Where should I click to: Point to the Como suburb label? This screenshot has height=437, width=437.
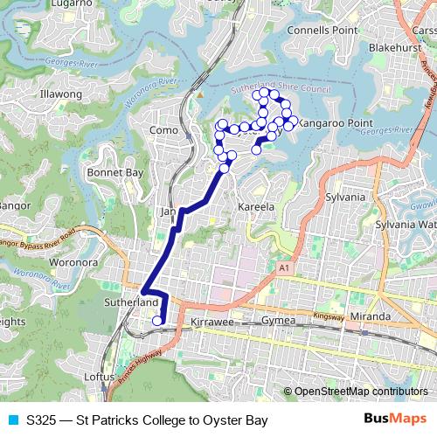164,130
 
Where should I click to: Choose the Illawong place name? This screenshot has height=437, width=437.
61,94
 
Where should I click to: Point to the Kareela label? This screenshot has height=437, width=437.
256,208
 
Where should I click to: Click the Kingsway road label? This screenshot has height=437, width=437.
328,313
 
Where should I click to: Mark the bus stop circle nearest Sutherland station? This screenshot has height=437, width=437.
157,321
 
